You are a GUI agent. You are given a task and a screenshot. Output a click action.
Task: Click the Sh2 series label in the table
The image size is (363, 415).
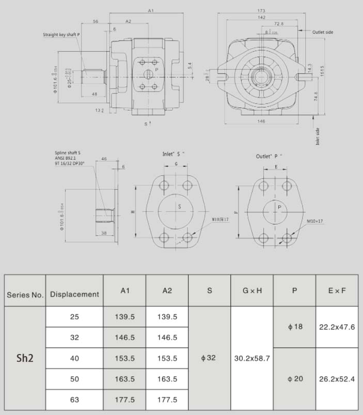(25, 358)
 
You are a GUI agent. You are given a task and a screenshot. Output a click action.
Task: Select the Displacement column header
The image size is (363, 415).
(74, 294)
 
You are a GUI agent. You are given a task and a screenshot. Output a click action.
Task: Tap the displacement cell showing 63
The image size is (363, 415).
(74, 399)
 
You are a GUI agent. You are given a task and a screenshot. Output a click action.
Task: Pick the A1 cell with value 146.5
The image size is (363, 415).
(124, 337)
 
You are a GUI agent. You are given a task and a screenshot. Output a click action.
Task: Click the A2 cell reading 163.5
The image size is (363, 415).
(167, 379)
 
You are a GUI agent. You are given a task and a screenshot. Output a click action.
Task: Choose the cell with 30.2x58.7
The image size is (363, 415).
(251, 358)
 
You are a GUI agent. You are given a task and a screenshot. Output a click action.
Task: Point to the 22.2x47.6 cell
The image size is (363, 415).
(337, 327)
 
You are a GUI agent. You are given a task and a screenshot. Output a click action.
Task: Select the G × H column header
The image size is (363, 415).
(251, 291)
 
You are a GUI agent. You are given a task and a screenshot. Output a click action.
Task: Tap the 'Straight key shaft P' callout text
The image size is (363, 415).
(61, 35)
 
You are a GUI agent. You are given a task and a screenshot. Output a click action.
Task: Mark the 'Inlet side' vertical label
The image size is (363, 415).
(318, 136)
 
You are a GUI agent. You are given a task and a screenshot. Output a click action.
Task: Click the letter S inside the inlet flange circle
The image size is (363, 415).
(179, 206)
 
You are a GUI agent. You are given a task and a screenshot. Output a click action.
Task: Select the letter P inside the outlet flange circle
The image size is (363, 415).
(279, 207)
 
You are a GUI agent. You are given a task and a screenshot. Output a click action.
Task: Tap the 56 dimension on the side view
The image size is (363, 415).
(96, 21)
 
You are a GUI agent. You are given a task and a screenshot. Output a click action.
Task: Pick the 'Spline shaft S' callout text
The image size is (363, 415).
(68, 153)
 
